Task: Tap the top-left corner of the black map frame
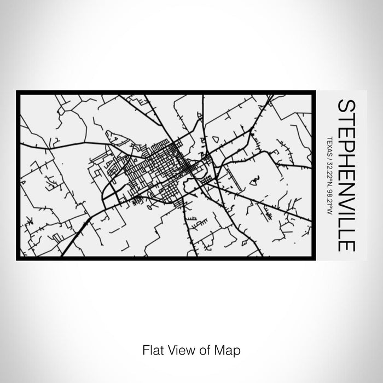pyautogui.click(x=18, y=91)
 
